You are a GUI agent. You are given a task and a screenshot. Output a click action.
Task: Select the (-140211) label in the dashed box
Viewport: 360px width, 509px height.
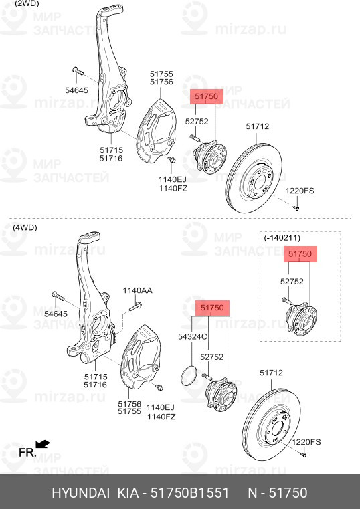pyautogui.click(x=282, y=237)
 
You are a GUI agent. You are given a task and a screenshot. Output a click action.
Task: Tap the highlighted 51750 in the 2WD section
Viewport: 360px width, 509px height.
pyautogui.click(x=207, y=97)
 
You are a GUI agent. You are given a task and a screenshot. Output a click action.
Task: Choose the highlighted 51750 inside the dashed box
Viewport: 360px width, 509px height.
pyautogui.click(x=300, y=254)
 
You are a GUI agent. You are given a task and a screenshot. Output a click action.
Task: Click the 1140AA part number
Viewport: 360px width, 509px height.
pyautogui.click(x=137, y=290)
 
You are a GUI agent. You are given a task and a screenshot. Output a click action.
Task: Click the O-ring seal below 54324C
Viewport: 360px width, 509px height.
pyautogui.click(x=189, y=375)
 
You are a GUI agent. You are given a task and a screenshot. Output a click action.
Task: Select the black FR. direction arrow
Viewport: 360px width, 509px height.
pyautogui.click(x=43, y=443)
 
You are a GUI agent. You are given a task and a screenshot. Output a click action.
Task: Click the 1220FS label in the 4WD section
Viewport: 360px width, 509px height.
pyautogui.click(x=307, y=442)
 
